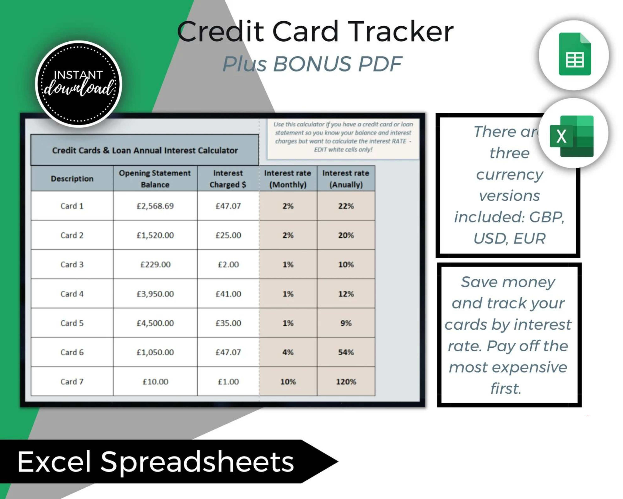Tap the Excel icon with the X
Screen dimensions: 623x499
[x=571, y=136]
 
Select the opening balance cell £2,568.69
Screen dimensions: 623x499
[x=155, y=206]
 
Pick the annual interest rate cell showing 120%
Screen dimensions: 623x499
[x=346, y=382]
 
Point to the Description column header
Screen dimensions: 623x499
[x=72, y=178]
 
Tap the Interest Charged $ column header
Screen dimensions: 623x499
[x=228, y=178]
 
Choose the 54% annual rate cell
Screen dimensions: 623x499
[x=346, y=352]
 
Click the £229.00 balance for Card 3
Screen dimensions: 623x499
[x=155, y=264]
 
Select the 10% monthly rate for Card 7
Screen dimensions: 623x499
[x=288, y=382]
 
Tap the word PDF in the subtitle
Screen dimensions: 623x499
[x=380, y=64]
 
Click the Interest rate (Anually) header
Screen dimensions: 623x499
[x=346, y=178]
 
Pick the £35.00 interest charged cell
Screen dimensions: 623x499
[x=228, y=323]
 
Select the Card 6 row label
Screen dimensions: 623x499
[x=72, y=352]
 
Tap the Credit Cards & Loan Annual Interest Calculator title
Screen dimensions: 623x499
[x=145, y=150]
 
